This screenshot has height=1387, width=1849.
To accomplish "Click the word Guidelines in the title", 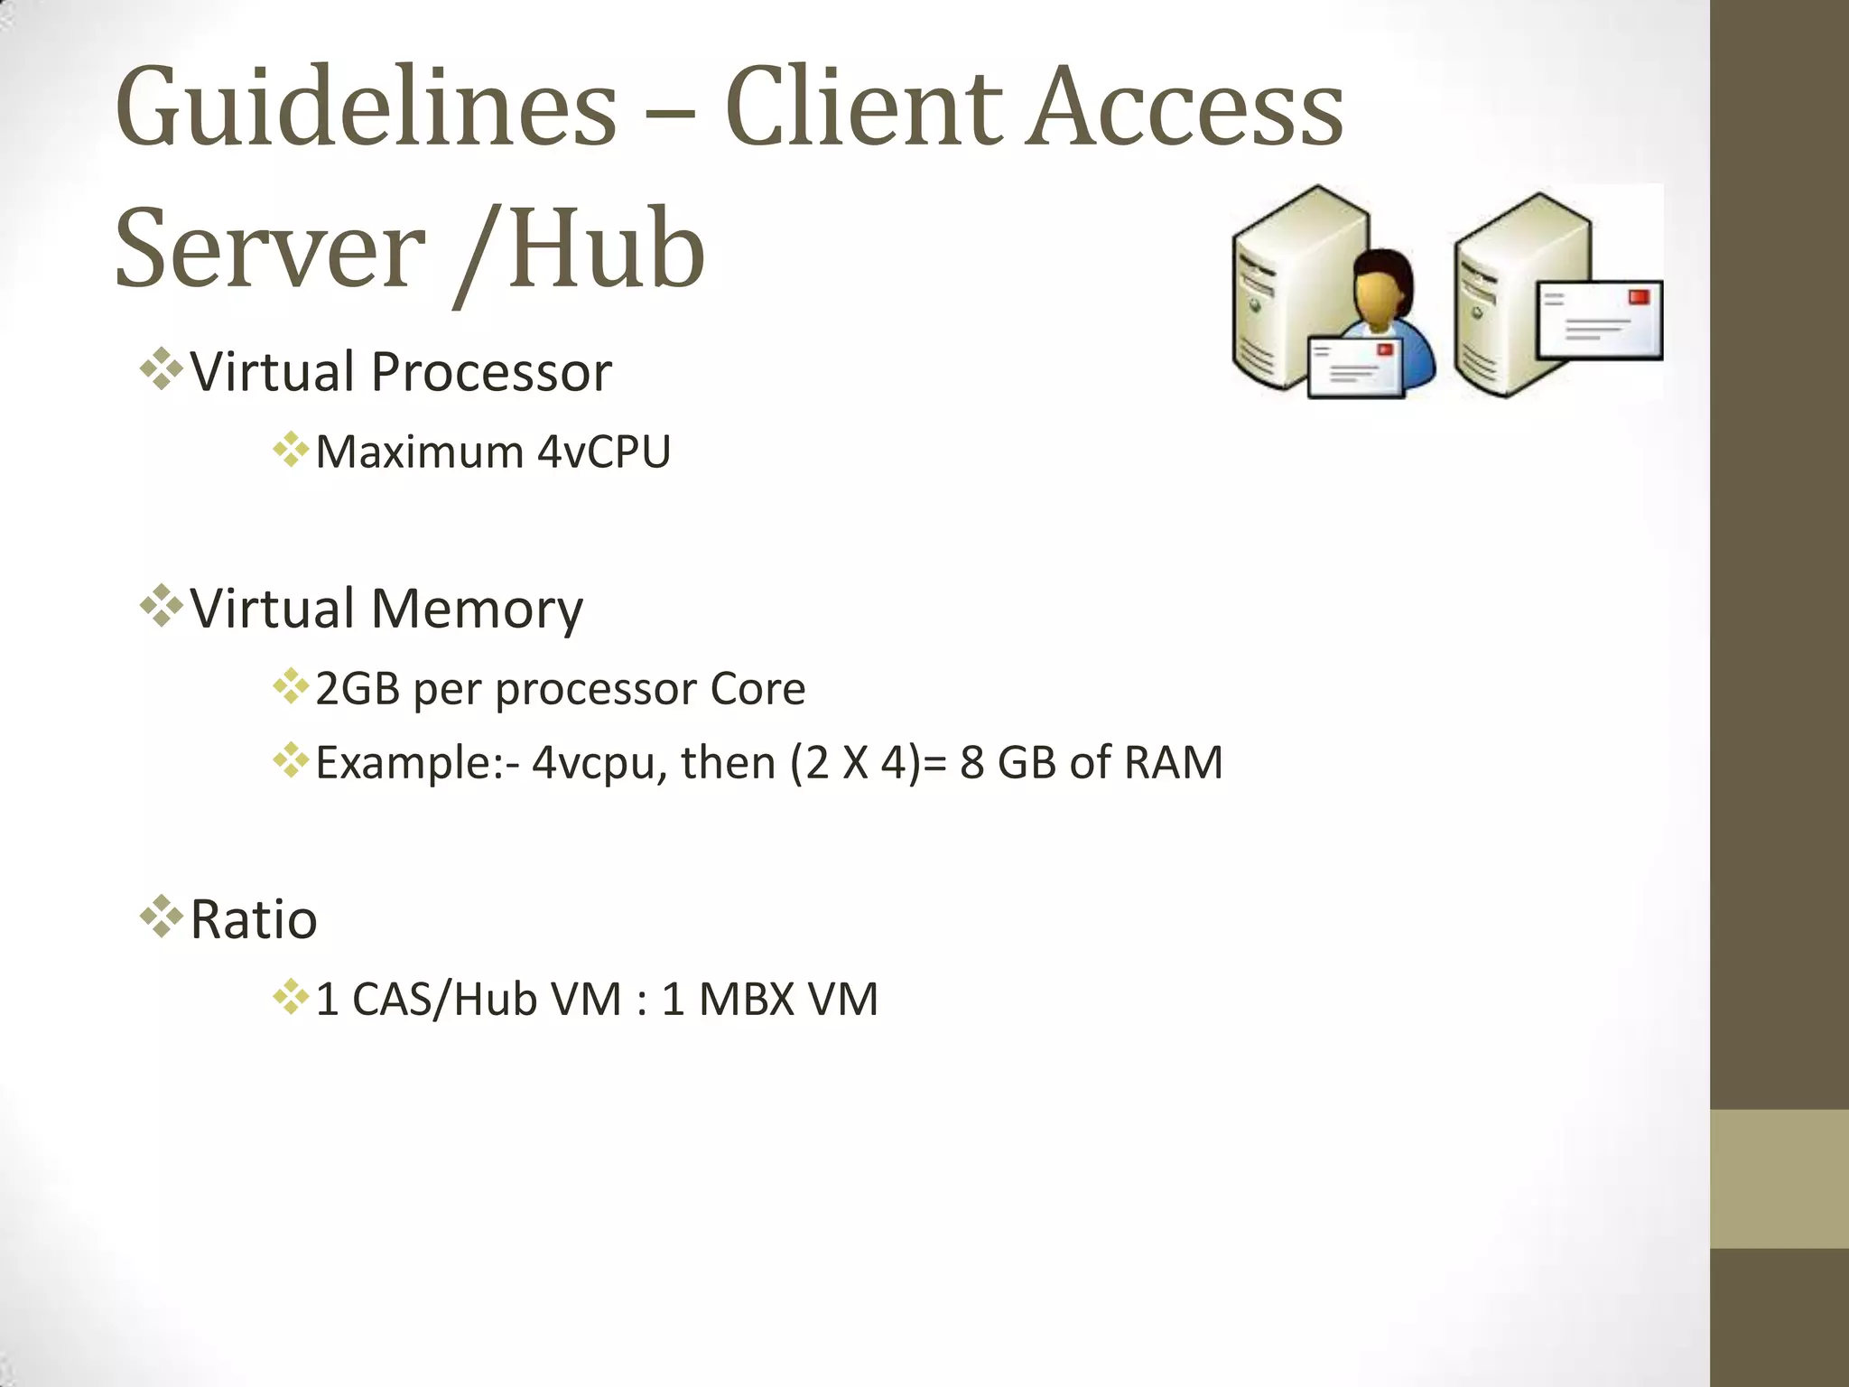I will click(x=366, y=108).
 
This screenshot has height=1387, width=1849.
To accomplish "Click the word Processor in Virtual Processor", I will click(x=491, y=372).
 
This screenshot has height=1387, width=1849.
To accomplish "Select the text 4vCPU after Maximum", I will click(x=603, y=452).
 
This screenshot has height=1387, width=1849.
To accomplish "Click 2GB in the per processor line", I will click(x=358, y=690).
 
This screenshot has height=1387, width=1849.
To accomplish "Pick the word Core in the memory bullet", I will click(x=757, y=690).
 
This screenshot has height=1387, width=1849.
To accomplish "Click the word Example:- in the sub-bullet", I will click(x=417, y=763).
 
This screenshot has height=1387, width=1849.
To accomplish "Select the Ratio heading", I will click(x=254, y=920).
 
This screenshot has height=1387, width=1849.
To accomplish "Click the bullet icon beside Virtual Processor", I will click(x=162, y=369).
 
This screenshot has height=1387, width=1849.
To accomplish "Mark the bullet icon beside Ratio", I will click(x=162, y=917).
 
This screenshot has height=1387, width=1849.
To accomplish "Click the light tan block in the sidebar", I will click(x=1779, y=1178).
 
